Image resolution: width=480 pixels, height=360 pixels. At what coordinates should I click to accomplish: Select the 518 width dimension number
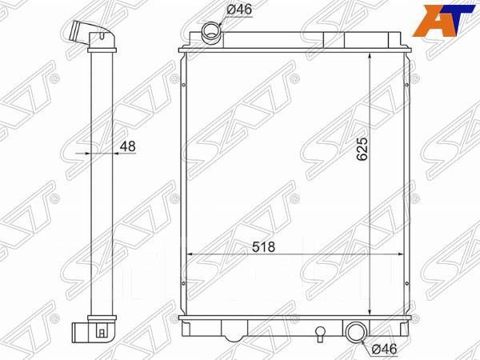click(x=264, y=247)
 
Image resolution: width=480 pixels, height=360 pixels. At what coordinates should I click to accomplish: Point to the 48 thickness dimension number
click(x=127, y=146)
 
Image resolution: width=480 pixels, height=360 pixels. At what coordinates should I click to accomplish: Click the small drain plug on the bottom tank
click(x=320, y=331)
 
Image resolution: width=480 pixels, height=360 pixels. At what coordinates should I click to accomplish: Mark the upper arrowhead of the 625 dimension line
click(x=370, y=58)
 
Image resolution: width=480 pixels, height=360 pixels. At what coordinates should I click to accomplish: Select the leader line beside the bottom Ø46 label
click(x=367, y=342)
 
